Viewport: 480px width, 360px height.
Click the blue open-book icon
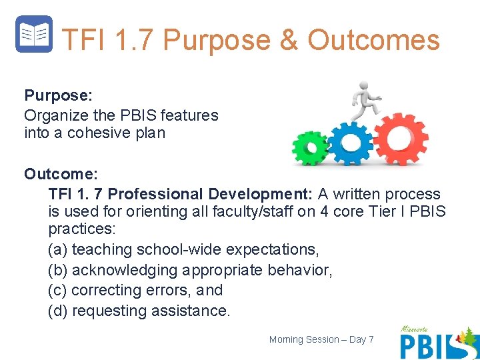pyautogui.click(x=33, y=34)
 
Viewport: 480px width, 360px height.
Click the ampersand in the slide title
pyautogui.click(x=289, y=40)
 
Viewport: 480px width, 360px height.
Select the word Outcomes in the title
pyautogui.click(x=373, y=40)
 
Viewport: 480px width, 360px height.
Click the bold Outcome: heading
pyautogui.click(x=61, y=174)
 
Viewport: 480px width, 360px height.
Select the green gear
pyautogui.click(x=310, y=147)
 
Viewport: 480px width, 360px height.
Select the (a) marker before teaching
pyautogui.click(x=57, y=250)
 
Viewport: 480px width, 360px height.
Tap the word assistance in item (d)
pyautogui.click(x=193, y=311)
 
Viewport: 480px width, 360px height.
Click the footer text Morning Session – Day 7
pyautogui.click(x=321, y=340)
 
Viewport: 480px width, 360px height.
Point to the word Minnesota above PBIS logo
pyautogui.click(x=416, y=329)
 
